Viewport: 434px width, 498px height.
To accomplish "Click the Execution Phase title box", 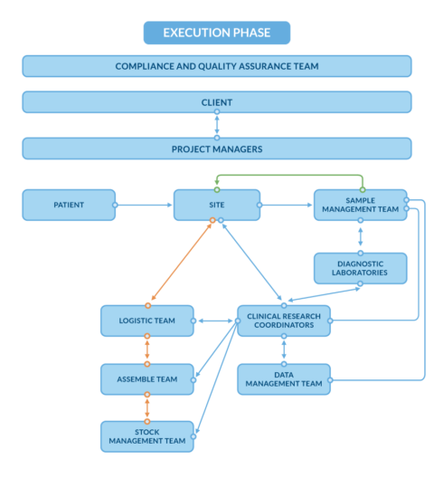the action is click(x=217, y=33).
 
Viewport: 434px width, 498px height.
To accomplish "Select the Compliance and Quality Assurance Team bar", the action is click(x=217, y=66).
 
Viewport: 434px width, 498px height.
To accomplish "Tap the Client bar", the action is click(x=217, y=102).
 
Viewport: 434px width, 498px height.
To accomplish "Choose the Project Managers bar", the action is click(x=217, y=148).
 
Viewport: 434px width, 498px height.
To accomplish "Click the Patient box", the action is click(x=69, y=205).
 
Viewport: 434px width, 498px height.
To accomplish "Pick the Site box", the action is click(x=217, y=205).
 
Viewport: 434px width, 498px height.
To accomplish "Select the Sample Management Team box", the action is click(x=360, y=205).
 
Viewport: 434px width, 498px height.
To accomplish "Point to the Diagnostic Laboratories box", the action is click(x=360, y=268).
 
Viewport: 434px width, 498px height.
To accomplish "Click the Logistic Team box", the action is click(x=146, y=321).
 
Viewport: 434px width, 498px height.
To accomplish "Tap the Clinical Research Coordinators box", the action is click(x=284, y=321).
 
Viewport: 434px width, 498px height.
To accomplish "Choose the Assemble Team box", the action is click(x=146, y=379).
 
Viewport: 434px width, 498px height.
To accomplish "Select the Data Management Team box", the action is click(x=284, y=379).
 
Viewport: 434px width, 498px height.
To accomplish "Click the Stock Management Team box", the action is click(x=146, y=436).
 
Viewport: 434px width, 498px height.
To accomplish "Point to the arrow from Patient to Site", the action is click(x=145, y=205).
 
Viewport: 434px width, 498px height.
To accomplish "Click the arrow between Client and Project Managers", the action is click(x=217, y=125).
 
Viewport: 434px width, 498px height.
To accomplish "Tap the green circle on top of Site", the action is click(x=217, y=189).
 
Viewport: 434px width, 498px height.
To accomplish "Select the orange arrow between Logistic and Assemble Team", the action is click(x=146, y=350).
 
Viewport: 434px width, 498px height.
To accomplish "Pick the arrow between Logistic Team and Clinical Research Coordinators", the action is click(x=215, y=321).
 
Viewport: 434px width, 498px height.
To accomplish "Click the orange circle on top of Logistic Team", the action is click(x=148, y=305).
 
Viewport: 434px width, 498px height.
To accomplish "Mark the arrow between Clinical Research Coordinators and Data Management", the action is click(x=284, y=350).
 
